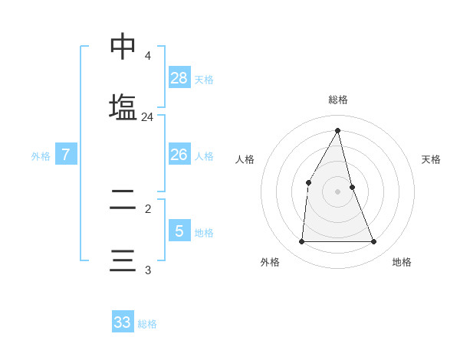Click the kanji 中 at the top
coord(123,47)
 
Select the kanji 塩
coord(123,107)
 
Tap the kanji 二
coord(123,200)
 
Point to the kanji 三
coord(123,260)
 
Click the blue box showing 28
coord(179,77)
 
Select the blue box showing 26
coord(179,155)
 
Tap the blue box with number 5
coord(179,231)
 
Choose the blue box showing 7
coord(66,155)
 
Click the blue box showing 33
coord(123,322)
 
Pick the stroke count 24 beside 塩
coord(147,117)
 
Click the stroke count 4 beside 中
coord(147,56)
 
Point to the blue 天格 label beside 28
coord(204,79)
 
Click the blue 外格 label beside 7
coord(41,156)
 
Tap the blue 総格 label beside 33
coord(147,324)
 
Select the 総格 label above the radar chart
coord(338,100)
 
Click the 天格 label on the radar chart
coord(431,160)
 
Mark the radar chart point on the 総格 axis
coord(338,130)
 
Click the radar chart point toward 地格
coord(374,241)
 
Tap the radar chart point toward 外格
coord(301,241)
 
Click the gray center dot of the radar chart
coord(338,191)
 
